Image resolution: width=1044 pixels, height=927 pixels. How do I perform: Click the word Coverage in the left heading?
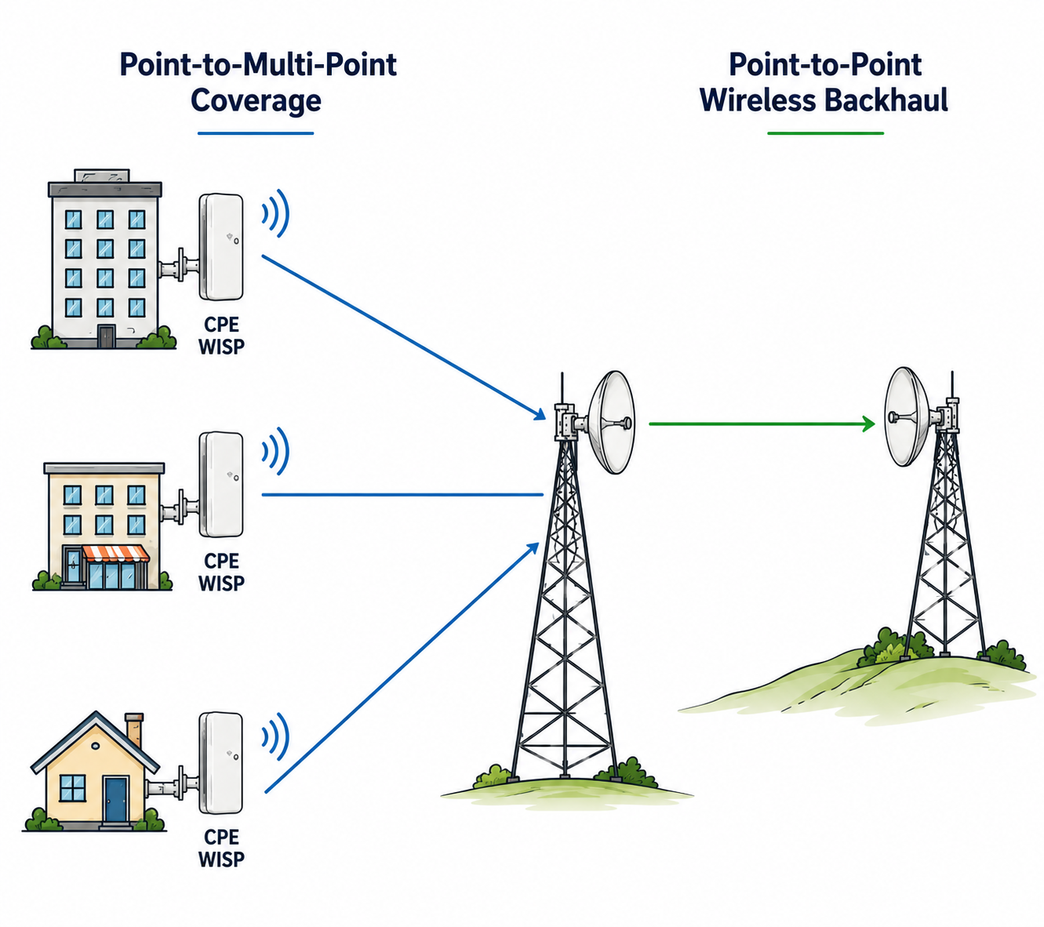coord(256,100)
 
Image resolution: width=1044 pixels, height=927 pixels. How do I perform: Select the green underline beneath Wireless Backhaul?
coord(825,133)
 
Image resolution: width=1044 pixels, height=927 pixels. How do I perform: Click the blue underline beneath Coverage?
coord(256,133)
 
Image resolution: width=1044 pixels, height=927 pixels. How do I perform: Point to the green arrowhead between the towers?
coord(868,424)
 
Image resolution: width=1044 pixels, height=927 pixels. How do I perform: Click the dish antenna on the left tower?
coord(612,422)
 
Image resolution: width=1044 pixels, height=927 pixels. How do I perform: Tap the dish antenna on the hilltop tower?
coord(907,416)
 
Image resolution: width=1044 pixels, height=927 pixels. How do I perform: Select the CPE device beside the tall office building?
coord(221,246)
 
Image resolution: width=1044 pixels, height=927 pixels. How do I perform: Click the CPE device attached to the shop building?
coord(221,485)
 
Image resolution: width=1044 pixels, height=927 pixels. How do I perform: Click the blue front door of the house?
coord(115,801)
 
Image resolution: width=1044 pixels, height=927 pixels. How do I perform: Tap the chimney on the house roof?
coord(134,729)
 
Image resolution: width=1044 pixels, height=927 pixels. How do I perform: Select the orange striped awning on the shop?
coord(116,554)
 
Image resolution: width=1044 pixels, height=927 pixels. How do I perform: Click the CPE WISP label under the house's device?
coord(221,848)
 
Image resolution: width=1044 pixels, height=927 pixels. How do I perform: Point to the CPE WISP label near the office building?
coord(221,336)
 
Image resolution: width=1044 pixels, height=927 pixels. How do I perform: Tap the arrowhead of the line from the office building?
coord(540,414)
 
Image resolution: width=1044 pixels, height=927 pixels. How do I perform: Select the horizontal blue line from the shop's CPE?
coord(402,495)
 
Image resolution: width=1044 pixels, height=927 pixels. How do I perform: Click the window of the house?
coord(73,788)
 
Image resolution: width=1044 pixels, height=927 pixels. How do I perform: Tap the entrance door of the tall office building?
coord(106,336)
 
